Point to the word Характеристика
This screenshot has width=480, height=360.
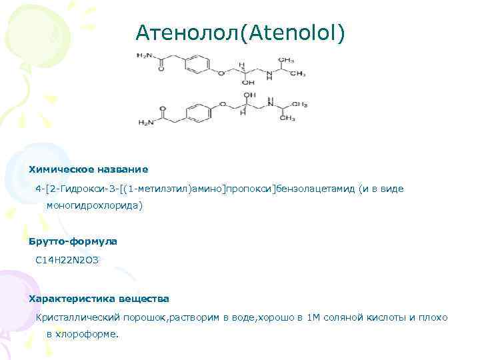pos(71,299)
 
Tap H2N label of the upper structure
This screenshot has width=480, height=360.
pos(145,55)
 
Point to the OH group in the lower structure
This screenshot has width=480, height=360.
pos(250,95)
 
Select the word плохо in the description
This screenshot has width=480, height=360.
pos(434,317)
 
